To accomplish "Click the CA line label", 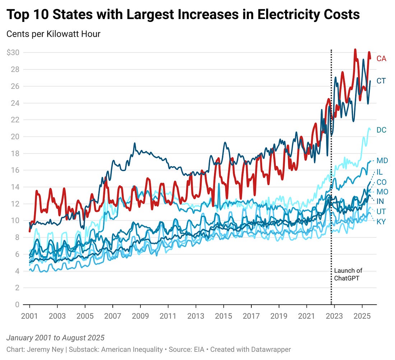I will [381, 59].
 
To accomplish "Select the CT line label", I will [381, 81].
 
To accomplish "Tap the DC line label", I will [381, 130].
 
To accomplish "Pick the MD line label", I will [382, 161].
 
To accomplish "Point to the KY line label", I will [381, 222].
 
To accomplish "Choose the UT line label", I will [381, 211].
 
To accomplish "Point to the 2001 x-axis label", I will [29, 317].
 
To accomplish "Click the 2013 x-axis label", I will [196, 317].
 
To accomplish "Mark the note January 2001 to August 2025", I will [55, 338].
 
